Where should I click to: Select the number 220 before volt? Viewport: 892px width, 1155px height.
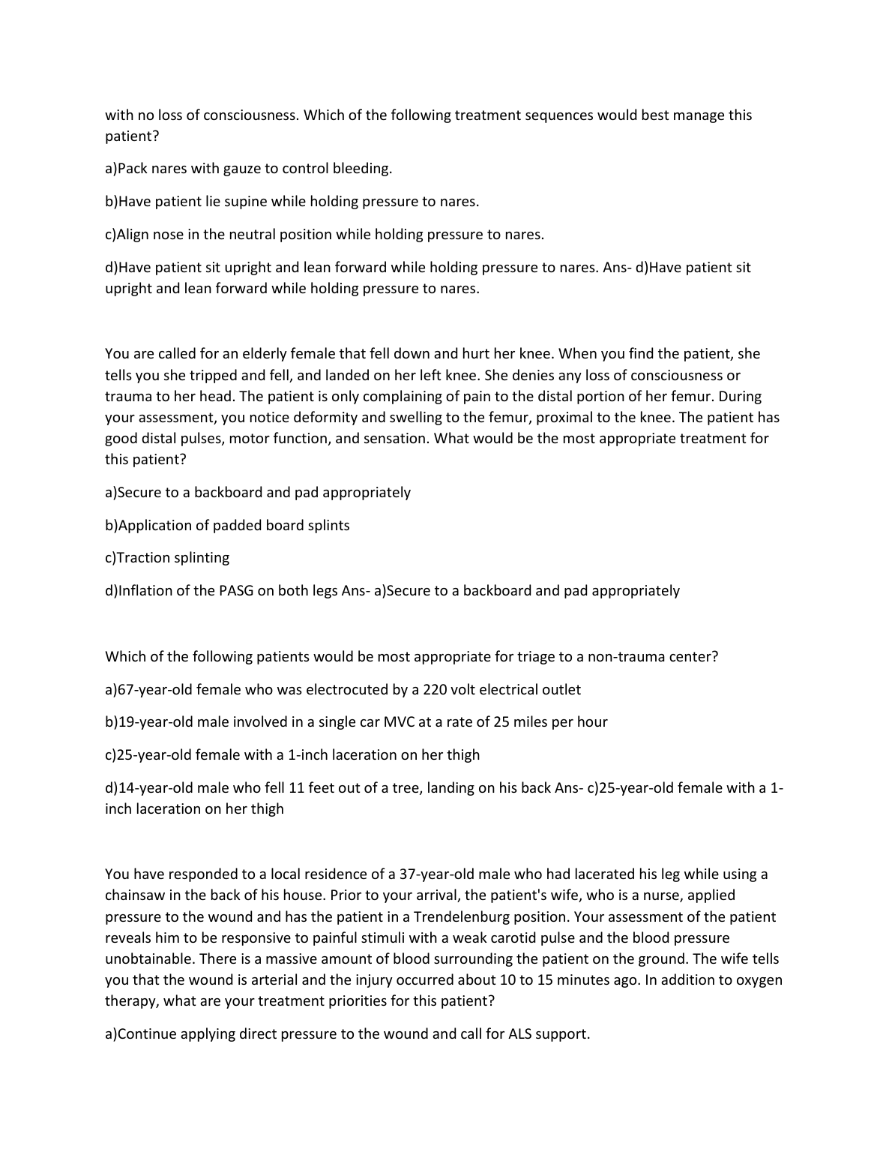pos(436,689)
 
